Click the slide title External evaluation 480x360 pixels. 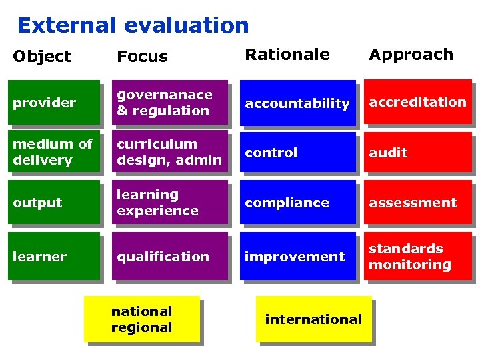(133, 25)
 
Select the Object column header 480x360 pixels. (41, 57)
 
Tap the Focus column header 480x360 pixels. (142, 57)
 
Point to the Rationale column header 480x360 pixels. (287, 55)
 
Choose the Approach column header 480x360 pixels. (411, 55)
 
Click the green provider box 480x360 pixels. (53, 103)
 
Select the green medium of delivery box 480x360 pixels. (53, 152)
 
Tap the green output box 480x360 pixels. (53, 203)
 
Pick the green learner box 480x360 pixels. (53, 256)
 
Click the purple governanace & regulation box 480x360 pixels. (169, 103)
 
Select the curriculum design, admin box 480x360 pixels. (169, 152)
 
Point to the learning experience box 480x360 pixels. (169, 203)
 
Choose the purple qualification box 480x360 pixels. (169, 256)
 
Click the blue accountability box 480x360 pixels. (297, 103)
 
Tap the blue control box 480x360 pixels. (297, 152)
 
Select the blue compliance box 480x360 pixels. (297, 203)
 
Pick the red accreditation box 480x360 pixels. (417, 103)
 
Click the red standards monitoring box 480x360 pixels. (417, 256)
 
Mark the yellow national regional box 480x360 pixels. (141, 319)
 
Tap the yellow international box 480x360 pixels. (313, 319)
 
